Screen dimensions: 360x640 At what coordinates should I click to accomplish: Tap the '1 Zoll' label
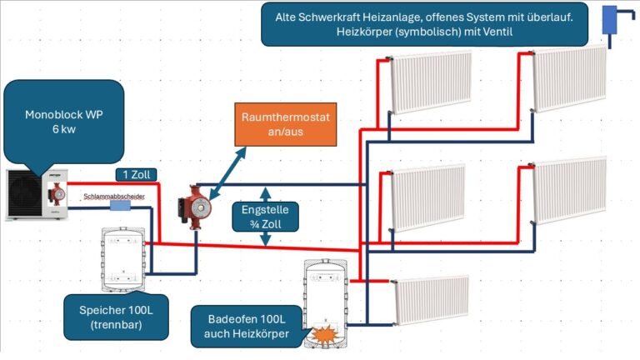tap(137, 174)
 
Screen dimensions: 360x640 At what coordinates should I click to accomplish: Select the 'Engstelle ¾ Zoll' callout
tap(265, 217)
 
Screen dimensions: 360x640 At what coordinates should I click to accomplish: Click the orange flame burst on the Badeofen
tap(321, 335)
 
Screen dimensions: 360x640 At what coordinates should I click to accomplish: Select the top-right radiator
tap(571, 77)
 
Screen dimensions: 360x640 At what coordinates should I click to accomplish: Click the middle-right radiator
tap(570, 191)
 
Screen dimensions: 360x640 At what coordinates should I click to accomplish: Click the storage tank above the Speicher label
tap(124, 257)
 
